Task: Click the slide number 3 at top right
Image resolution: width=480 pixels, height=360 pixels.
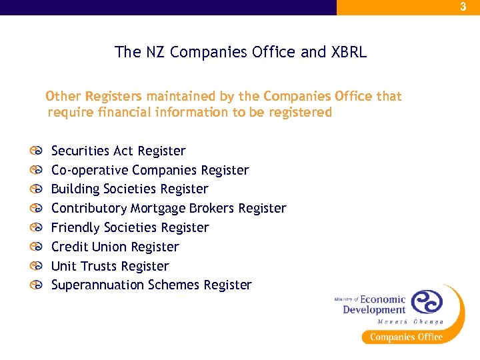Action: pos(463,7)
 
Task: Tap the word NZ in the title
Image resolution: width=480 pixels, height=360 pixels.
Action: pos(151,52)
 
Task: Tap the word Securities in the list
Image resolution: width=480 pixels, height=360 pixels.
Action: pos(81,151)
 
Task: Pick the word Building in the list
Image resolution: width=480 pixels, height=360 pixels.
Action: pos(75,189)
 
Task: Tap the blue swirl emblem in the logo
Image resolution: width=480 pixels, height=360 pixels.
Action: pos(427,301)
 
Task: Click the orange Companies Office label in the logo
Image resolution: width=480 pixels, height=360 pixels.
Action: pos(406,337)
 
